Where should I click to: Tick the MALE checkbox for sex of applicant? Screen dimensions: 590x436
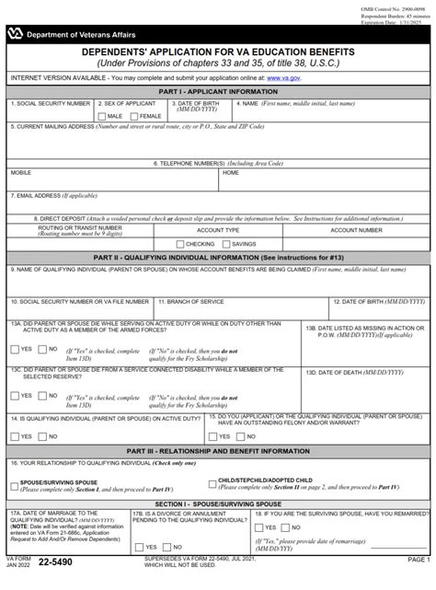point(102,117)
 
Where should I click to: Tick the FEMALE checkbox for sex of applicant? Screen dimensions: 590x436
point(133,117)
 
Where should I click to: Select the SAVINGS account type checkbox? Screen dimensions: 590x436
point(225,243)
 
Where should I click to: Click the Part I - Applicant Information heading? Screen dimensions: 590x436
point(218,93)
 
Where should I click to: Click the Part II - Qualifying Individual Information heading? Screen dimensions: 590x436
point(218,257)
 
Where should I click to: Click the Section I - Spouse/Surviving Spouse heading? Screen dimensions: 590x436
point(218,503)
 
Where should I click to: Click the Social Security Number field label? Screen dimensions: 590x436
point(50,104)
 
